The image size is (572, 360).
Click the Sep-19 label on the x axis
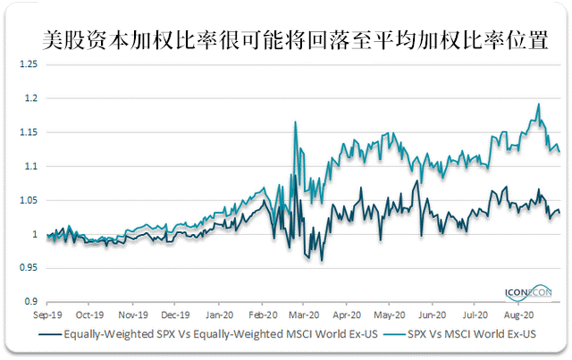[46, 315]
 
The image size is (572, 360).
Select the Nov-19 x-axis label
[132, 315]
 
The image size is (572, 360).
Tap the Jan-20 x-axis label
[220, 315]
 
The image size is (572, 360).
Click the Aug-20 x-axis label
[518, 315]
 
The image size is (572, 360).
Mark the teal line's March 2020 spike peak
[295, 121]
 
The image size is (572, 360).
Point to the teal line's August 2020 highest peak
[538, 105]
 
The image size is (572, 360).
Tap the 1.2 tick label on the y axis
[31, 99]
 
